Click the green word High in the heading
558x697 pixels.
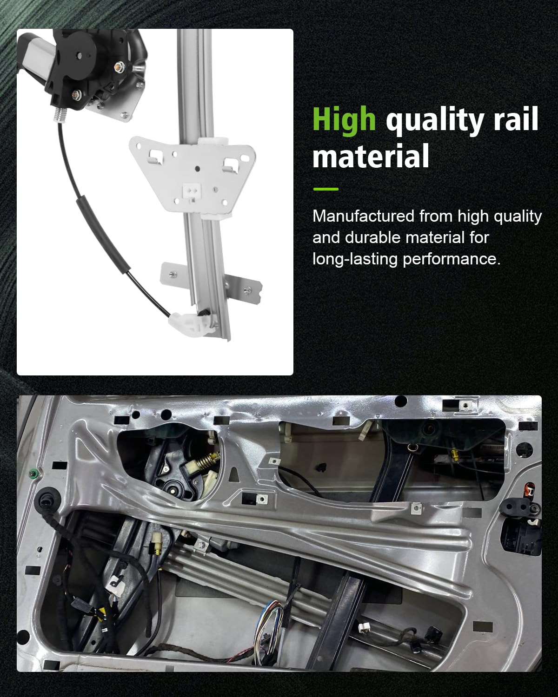(344, 120)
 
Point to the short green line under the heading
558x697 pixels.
(326, 189)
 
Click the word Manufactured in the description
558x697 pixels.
(364, 216)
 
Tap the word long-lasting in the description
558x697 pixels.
(355, 259)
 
